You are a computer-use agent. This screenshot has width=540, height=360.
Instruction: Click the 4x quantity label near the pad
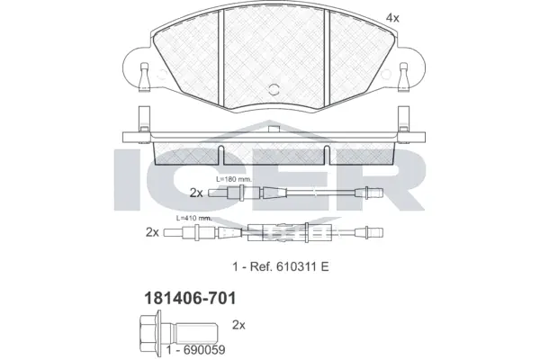391,17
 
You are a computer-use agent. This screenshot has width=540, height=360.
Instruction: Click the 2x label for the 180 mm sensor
196,192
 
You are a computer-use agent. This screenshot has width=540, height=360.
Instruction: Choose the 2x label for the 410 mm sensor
152,232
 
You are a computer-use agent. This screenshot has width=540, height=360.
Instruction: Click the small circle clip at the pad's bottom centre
275,88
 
